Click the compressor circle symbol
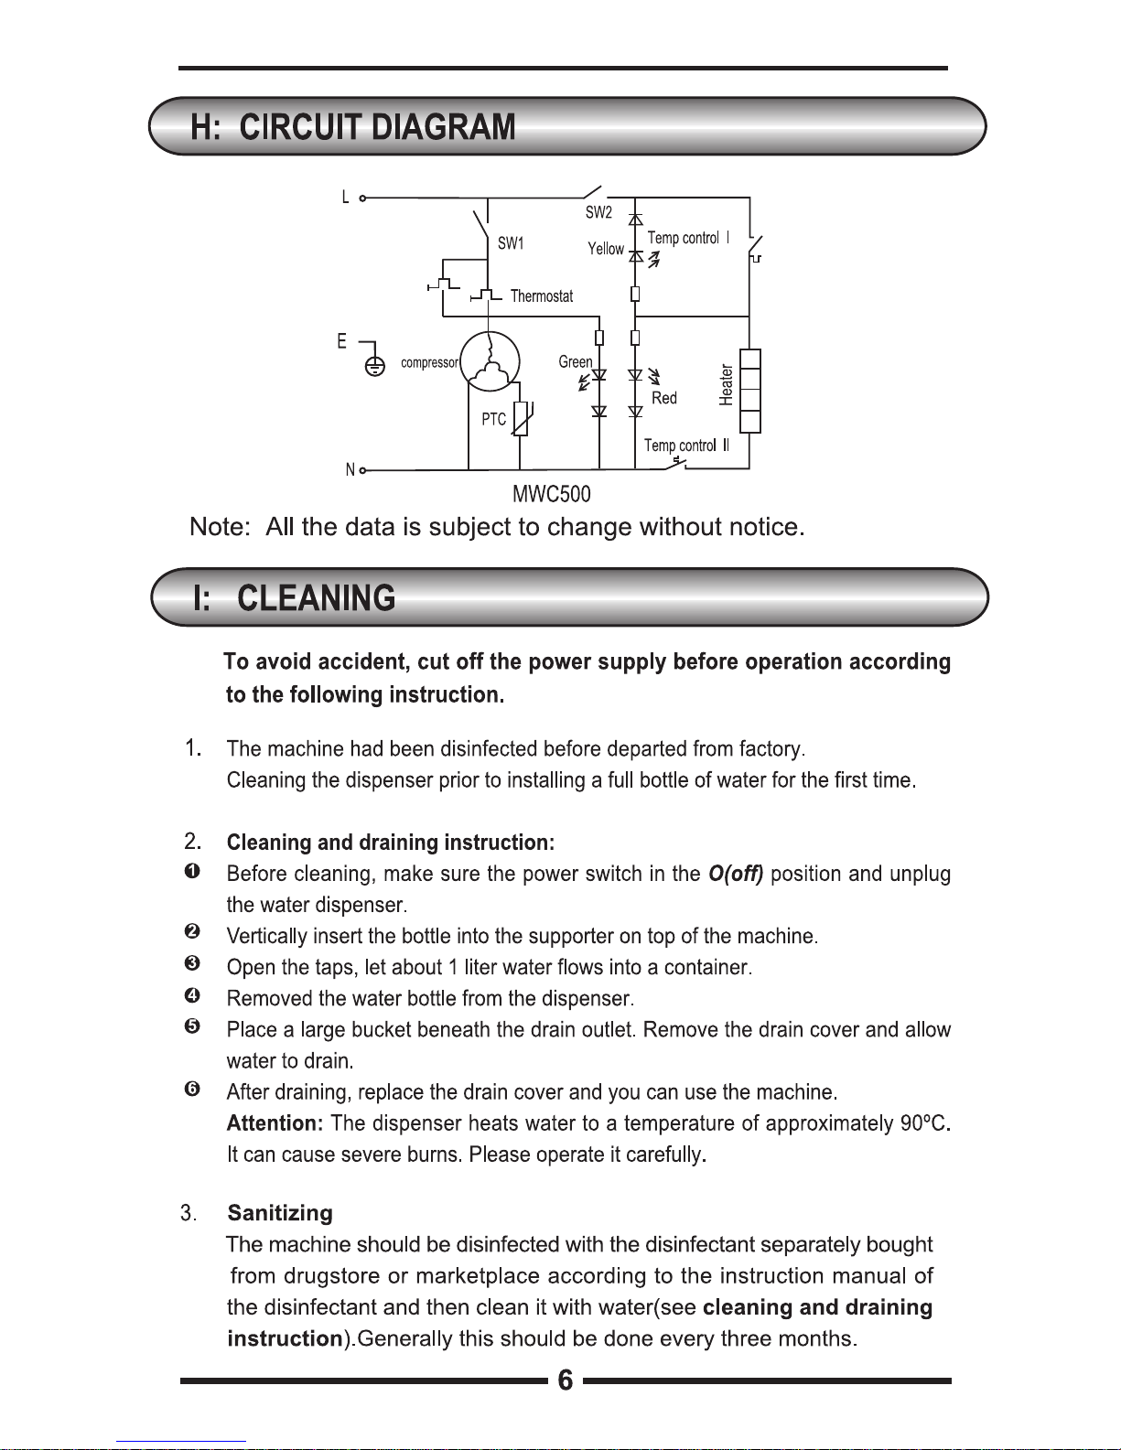(x=490, y=362)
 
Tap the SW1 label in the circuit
(x=511, y=243)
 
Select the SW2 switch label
(x=598, y=212)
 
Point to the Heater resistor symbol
(x=749, y=391)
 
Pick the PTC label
(x=494, y=419)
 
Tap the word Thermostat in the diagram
(x=542, y=296)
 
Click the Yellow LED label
(x=606, y=249)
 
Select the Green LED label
(x=576, y=362)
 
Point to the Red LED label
(x=664, y=398)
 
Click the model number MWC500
(x=552, y=495)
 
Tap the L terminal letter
(x=345, y=197)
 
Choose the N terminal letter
(x=350, y=470)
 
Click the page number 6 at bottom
(x=566, y=1380)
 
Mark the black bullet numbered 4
(x=192, y=995)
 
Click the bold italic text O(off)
(x=736, y=874)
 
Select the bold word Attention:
(x=275, y=1123)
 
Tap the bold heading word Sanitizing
(x=280, y=1213)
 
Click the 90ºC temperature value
(x=924, y=1123)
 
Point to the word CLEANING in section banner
(x=317, y=598)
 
